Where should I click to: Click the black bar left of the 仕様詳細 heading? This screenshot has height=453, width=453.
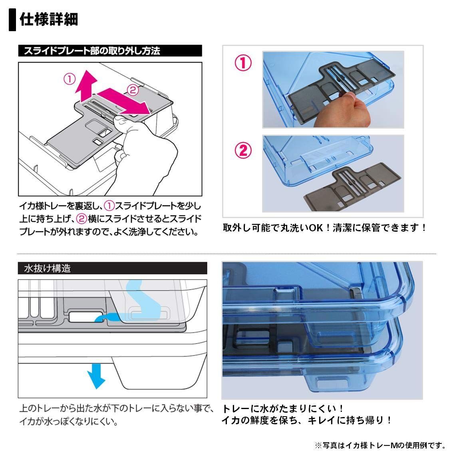click(x=13, y=20)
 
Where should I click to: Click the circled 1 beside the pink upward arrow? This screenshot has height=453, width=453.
click(x=70, y=79)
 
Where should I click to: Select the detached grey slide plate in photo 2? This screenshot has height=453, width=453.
click(x=352, y=192)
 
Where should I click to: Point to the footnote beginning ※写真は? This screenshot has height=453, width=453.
click(x=379, y=445)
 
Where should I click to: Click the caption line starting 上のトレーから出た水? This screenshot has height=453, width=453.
click(x=116, y=409)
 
